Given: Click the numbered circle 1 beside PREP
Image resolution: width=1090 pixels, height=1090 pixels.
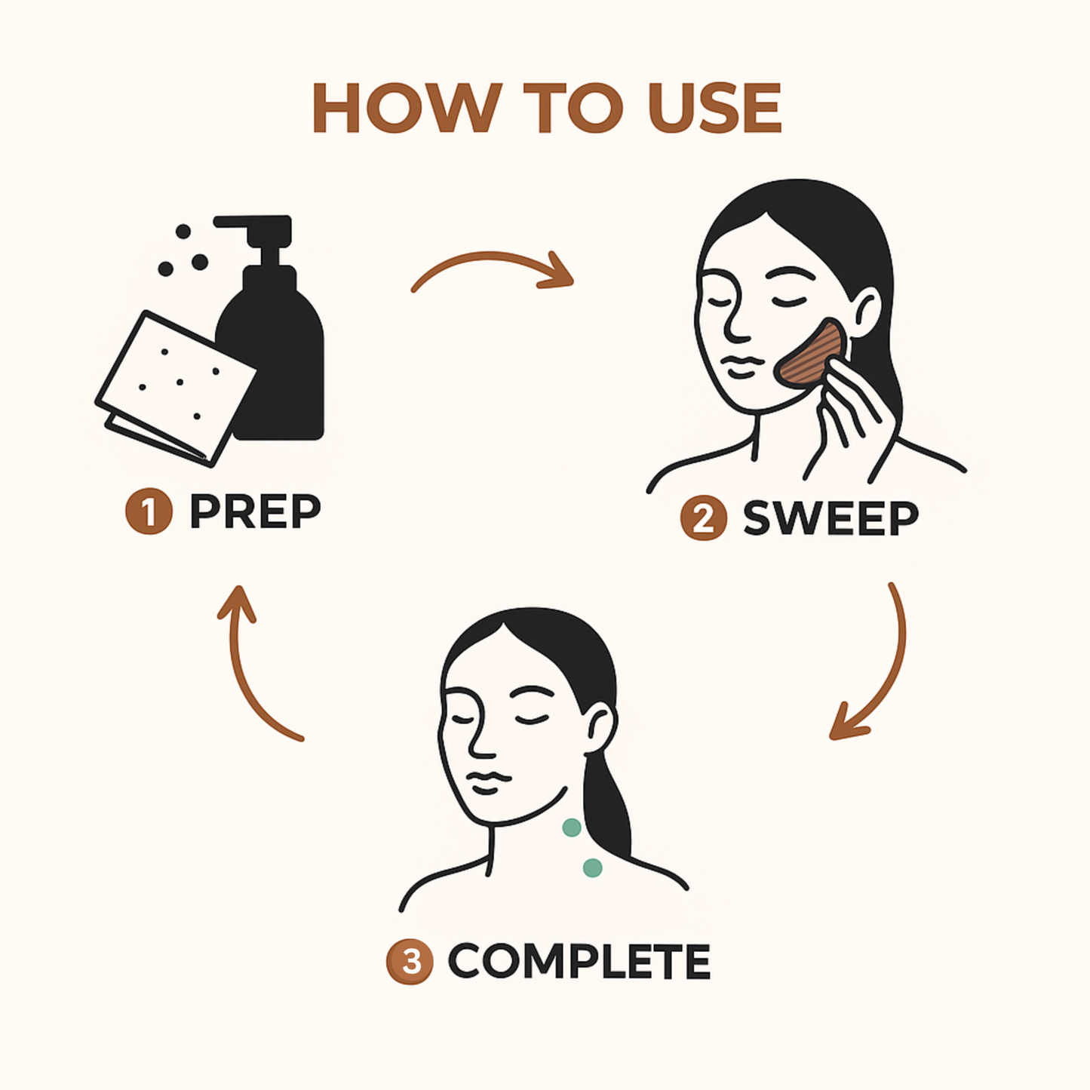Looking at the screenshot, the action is (x=149, y=511).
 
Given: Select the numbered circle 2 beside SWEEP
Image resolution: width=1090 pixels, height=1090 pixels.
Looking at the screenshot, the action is (x=704, y=517).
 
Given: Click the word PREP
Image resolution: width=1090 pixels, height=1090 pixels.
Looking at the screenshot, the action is (x=256, y=511).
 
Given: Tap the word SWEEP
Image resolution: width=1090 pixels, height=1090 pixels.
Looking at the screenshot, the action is (x=831, y=518).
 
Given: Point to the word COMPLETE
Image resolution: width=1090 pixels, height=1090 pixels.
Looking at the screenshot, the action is (x=580, y=961).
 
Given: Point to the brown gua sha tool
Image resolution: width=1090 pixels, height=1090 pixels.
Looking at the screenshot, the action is (x=812, y=355).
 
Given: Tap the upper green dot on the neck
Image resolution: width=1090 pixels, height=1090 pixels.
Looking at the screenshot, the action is (x=571, y=827).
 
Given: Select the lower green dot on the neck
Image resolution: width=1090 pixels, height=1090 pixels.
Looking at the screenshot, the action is (x=592, y=867).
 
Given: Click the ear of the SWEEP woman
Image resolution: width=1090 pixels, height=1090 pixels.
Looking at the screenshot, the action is (x=866, y=313).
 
